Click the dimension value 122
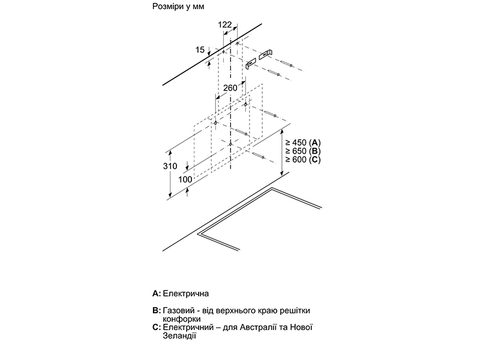coord(224,24)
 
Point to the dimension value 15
coord(200,50)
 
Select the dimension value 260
coord(230,88)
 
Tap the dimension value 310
coord(170,166)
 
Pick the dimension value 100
coord(185,179)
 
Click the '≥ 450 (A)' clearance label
coord(304,142)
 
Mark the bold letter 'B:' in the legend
coord(157,311)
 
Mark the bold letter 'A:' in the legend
coord(157,294)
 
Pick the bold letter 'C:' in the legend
coord(157,328)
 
